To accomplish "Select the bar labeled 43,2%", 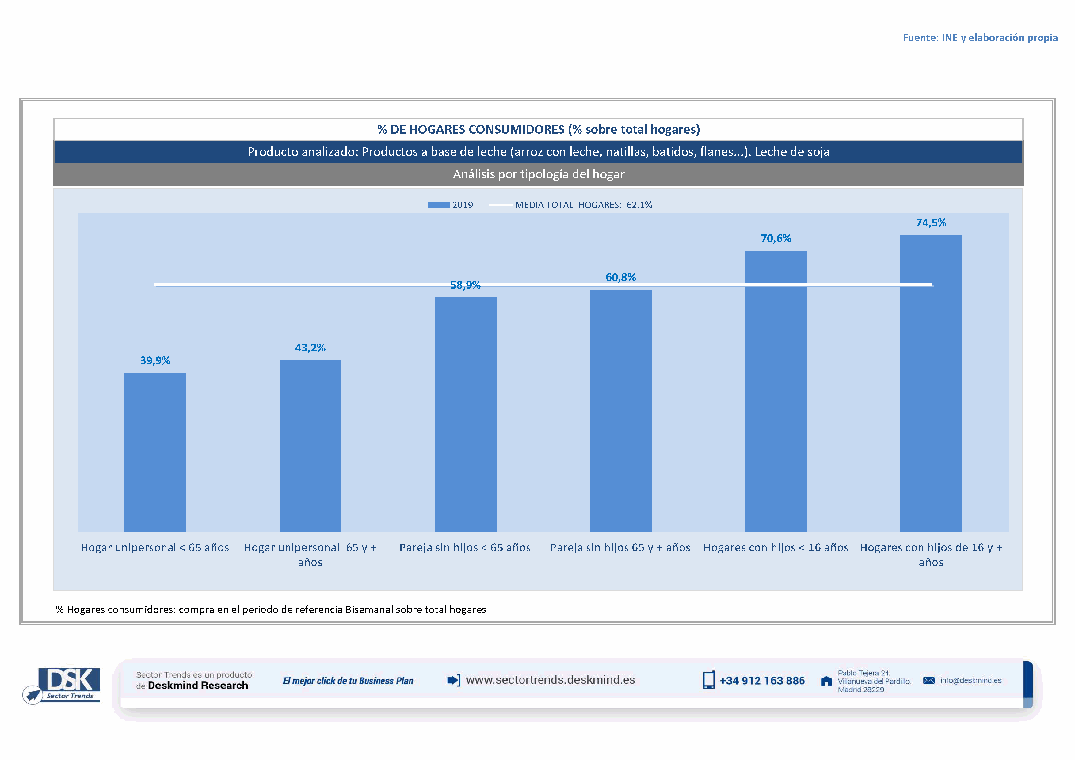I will (x=311, y=446).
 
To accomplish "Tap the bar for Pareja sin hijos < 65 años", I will (x=465, y=414).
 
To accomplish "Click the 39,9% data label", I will (x=155, y=360).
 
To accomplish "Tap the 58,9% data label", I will (x=465, y=285).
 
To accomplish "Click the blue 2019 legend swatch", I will (x=438, y=205).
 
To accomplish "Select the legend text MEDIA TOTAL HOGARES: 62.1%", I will (x=583, y=205).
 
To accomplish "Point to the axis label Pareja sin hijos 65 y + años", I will (x=620, y=548).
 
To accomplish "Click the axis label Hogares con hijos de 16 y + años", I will (x=931, y=555).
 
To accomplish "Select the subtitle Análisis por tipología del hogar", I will (x=539, y=174).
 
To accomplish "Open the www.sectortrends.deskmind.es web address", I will (x=550, y=680).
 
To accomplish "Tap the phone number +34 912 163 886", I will (x=762, y=681).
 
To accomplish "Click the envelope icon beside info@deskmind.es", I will (x=928, y=680).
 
